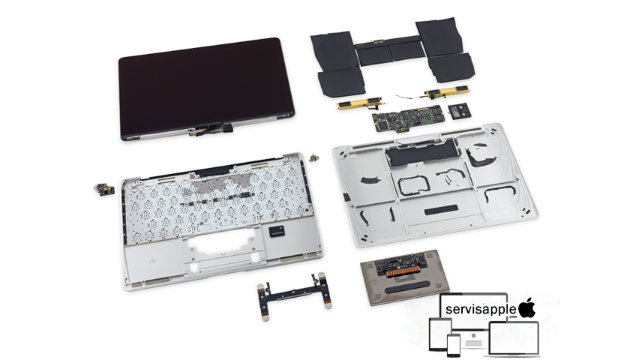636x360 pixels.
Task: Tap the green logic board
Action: coord(408,118)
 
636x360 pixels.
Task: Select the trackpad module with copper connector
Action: coord(405,277)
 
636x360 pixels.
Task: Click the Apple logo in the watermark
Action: coord(527,307)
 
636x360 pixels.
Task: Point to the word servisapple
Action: coord(481,309)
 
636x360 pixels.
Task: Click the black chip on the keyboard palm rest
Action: coord(276,231)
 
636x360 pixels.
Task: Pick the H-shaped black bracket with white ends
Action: coord(295,296)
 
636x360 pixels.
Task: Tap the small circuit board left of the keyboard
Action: coord(104,189)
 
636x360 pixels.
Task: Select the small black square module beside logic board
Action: coord(460,111)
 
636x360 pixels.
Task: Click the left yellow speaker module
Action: coord(359,103)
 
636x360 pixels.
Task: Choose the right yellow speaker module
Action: coord(446,92)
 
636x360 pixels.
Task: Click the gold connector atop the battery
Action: coord(376,41)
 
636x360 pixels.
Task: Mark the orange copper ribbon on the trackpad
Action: coord(405,271)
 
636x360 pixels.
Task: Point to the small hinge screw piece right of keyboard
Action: coord(313,157)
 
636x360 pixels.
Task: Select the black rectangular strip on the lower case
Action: coord(441,210)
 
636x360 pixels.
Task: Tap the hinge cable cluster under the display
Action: coord(210,129)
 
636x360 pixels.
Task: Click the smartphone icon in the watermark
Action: coord(454,345)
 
